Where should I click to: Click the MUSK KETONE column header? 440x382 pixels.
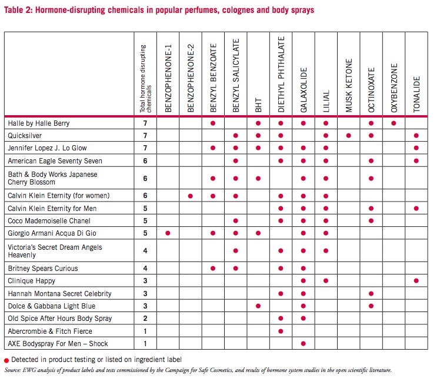[348, 85]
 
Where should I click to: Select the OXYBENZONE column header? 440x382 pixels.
[394, 88]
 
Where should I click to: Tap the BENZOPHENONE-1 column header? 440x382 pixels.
[168, 78]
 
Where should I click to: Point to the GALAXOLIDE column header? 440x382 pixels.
[304, 90]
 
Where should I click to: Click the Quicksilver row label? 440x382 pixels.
[25, 136]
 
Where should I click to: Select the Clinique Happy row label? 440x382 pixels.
[31, 281]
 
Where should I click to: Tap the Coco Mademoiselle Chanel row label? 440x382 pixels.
[49, 221]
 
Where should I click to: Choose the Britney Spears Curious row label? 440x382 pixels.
[43, 269]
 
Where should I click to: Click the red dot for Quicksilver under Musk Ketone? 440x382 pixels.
[348, 136]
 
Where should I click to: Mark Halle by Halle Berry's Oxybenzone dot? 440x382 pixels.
[394, 123]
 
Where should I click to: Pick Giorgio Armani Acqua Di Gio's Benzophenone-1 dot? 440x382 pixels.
[168, 233]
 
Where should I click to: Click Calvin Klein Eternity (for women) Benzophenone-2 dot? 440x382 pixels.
[191, 196]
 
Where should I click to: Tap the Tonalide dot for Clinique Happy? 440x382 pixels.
[416, 280]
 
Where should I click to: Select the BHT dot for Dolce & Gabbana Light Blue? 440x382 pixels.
[258, 306]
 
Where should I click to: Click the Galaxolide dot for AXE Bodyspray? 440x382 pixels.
[304, 344]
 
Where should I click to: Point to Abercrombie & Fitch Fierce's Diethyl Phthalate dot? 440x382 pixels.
[281, 331]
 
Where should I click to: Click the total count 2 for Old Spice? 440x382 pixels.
[145, 319]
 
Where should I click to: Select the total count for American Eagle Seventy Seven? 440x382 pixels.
[145, 161]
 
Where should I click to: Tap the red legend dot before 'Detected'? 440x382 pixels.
[6, 361]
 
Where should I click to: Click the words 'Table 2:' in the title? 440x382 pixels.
[18, 10]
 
